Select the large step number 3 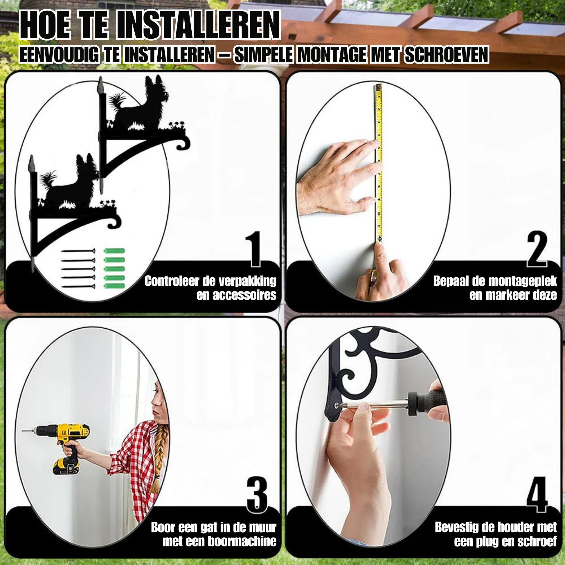[257, 494]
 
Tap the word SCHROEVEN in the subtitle [446, 55]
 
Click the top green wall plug [114, 251]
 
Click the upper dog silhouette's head [157, 87]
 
